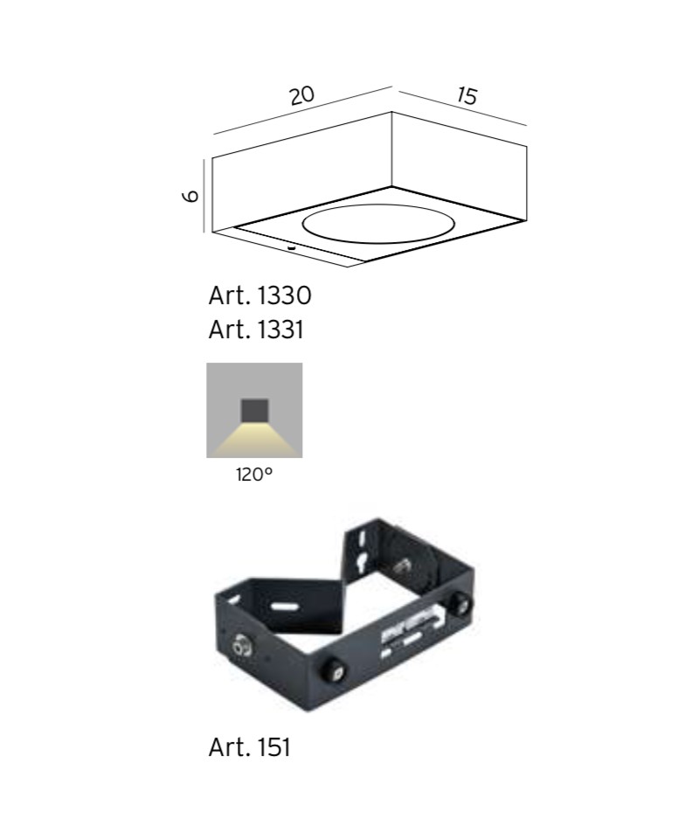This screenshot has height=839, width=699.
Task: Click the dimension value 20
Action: tap(302, 96)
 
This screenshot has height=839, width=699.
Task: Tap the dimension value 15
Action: tap(467, 96)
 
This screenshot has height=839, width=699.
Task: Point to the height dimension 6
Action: tap(191, 197)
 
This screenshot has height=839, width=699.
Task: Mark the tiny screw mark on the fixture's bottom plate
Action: tap(292, 247)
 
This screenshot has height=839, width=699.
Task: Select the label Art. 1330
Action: tap(260, 295)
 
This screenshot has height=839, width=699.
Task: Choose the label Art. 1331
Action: tap(256, 329)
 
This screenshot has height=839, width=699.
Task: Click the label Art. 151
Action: tap(249, 747)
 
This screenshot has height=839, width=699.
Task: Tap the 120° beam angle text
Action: tap(254, 474)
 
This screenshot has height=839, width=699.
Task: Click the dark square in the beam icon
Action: tap(254, 411)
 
